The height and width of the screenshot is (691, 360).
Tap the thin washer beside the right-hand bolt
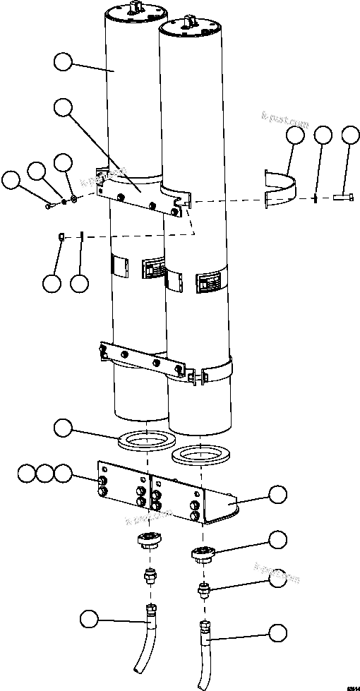coord(315,198)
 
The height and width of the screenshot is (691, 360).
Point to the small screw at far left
coord(49,206)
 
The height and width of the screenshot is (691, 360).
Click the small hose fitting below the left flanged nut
coord(149,576)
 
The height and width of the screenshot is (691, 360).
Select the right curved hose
coord(203,653)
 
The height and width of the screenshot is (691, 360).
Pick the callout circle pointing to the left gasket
coord(63,427)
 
